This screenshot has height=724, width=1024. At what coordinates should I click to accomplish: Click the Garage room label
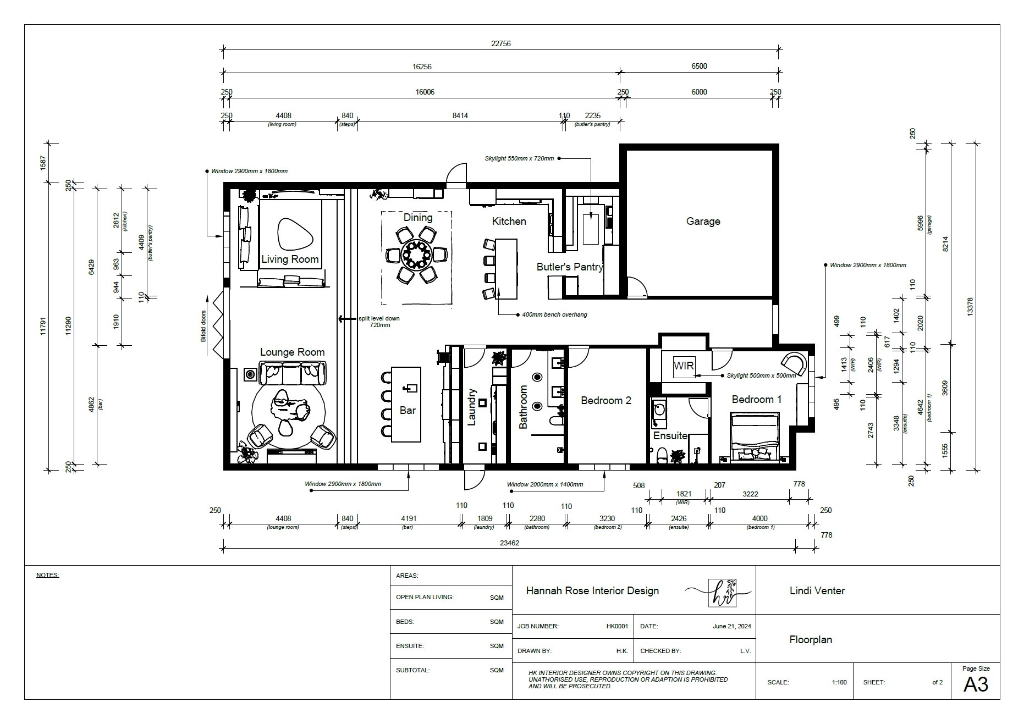pos(703,222)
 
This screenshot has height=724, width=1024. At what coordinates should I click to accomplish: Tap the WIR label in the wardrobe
pos(684,366)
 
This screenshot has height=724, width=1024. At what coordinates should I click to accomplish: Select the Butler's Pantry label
pos(570,267)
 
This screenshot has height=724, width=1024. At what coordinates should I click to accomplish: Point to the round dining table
pos(417,255)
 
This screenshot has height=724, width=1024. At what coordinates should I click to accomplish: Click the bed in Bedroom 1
pos(755,436)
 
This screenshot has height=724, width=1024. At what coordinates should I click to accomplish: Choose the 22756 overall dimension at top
pos(501,43)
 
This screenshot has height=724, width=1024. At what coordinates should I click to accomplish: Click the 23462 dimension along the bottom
pos(509,543)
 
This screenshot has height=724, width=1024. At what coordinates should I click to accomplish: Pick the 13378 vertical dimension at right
pos(970,307)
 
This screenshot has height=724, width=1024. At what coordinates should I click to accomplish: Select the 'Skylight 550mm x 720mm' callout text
pos(520,158)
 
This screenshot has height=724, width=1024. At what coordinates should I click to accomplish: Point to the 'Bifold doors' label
pos(203,327)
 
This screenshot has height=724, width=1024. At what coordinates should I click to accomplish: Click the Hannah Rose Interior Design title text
pos(592,591)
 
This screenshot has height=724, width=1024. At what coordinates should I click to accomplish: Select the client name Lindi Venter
pos(817,591)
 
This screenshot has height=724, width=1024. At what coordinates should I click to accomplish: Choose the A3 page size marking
pos(976,684)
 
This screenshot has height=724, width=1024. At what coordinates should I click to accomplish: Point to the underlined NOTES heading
pos(47,576)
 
